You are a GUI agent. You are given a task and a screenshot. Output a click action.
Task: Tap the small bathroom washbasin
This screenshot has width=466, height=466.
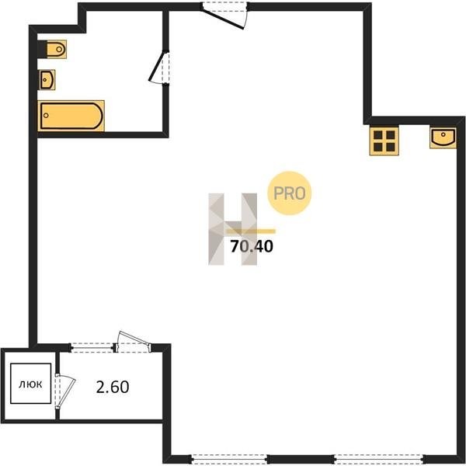click(x=47, y=80)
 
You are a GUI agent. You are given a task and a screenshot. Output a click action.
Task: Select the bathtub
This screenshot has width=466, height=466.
click(x=71, y=116)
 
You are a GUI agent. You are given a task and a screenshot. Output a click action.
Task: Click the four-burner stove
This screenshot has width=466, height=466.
click(x=384, y=141)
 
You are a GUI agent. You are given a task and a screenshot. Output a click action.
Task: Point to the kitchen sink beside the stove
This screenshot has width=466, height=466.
click(x=443, y=138)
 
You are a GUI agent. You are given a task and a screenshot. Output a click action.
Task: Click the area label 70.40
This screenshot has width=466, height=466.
click(x=252, y=246)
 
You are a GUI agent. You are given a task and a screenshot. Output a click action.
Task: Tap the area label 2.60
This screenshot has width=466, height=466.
click(x=113, y=387)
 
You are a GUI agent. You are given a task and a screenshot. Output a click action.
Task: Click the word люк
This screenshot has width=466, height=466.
click(x=30, y=384)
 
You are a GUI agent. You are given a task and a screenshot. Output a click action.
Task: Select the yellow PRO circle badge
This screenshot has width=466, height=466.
click(x=290, y=193)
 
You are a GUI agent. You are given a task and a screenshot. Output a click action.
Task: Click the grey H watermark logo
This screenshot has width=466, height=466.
click(x=233, y=229)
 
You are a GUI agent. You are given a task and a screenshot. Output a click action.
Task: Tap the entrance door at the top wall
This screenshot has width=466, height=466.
click(x=224, y=16)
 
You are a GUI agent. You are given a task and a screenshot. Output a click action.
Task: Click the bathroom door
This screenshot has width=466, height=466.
click(x=159, y=68)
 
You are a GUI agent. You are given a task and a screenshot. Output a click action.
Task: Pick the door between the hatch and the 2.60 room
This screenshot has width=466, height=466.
click(x=64, y=391)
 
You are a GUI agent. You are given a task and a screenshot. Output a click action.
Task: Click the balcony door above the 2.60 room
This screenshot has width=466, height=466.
click(x=133, y=342)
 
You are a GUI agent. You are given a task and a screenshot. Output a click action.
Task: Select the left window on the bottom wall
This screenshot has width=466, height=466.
click(x=229, y=459)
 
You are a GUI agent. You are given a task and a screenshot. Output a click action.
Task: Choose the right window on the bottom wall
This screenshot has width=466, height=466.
click(x=379, y=459)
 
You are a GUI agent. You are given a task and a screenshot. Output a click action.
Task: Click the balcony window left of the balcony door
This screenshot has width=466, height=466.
click(x=92, y=347)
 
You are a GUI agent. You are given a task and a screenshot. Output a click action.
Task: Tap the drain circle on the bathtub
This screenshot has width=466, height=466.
click(x=46, y=116)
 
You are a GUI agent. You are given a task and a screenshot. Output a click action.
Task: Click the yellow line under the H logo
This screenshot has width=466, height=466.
click(x=251, y=231)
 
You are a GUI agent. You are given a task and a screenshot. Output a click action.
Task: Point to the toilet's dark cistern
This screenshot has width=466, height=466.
click(x=42, y=49)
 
